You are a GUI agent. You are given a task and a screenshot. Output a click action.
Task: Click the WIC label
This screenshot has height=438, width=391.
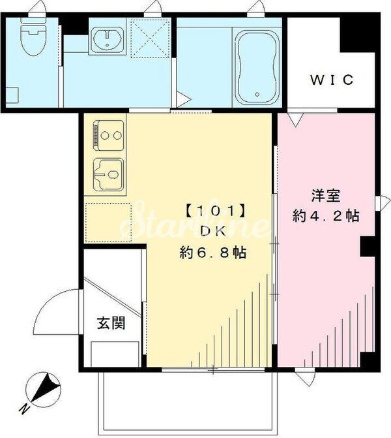point(331,80)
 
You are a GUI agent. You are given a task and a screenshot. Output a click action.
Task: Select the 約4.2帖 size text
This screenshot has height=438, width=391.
point(325,217)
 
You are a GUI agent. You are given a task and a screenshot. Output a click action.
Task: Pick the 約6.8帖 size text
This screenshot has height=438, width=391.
point(214,253)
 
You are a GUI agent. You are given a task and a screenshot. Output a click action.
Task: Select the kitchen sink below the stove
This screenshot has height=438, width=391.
point(108,174)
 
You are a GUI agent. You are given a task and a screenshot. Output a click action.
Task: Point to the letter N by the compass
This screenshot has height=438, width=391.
point(23,409)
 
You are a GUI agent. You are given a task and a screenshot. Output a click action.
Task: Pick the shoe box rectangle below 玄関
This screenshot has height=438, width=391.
point(115,354)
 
